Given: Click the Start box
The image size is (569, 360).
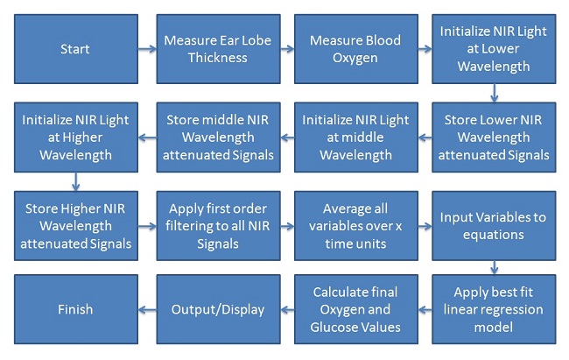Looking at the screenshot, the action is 76,49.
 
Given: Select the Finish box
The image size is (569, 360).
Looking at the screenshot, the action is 76,309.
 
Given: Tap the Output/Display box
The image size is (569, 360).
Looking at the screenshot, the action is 218,309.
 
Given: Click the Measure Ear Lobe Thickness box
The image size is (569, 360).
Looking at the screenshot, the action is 218,49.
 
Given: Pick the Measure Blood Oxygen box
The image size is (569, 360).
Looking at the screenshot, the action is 356,49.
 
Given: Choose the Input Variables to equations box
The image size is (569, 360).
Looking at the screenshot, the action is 494,226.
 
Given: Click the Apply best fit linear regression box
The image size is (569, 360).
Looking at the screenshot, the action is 494,309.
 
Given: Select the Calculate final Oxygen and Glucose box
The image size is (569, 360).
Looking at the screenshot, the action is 356,309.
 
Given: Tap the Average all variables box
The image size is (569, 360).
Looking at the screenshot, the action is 356,226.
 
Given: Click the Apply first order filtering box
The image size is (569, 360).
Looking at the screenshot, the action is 218,226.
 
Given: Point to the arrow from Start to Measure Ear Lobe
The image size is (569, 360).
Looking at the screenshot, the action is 147,49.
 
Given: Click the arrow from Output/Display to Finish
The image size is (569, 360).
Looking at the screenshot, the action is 147,310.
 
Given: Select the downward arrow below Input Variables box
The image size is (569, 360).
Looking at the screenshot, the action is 494,268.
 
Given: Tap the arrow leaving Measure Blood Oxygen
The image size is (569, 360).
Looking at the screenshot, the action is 425,49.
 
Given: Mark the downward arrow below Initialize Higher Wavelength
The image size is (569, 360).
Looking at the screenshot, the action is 75,181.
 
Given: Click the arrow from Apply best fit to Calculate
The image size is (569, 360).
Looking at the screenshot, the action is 425,310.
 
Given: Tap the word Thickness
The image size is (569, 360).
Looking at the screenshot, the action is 218,58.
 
